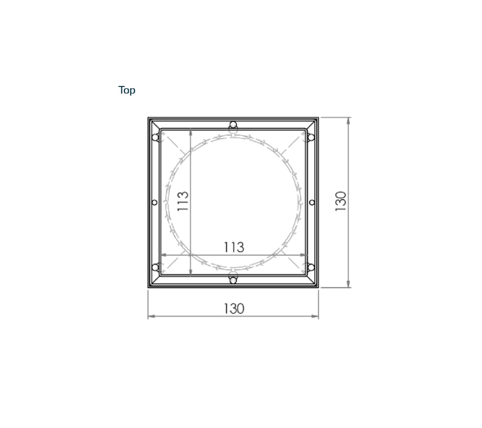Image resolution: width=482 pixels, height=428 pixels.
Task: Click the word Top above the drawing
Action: click(127, 90)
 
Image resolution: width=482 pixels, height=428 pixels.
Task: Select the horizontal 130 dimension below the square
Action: click(233, 309)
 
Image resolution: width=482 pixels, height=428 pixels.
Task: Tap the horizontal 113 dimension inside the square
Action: click(233, 247)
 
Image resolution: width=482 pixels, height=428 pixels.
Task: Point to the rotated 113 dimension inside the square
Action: click(183, 201)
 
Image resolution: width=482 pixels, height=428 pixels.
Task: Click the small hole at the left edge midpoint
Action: click(154, 202)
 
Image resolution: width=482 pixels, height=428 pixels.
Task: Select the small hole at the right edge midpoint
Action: click(312, 202)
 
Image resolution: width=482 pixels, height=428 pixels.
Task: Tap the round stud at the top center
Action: click(233, 125)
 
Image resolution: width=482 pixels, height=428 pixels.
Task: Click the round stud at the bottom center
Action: click(233, 280)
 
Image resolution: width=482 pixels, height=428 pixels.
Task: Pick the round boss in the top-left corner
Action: click(156, 137)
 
